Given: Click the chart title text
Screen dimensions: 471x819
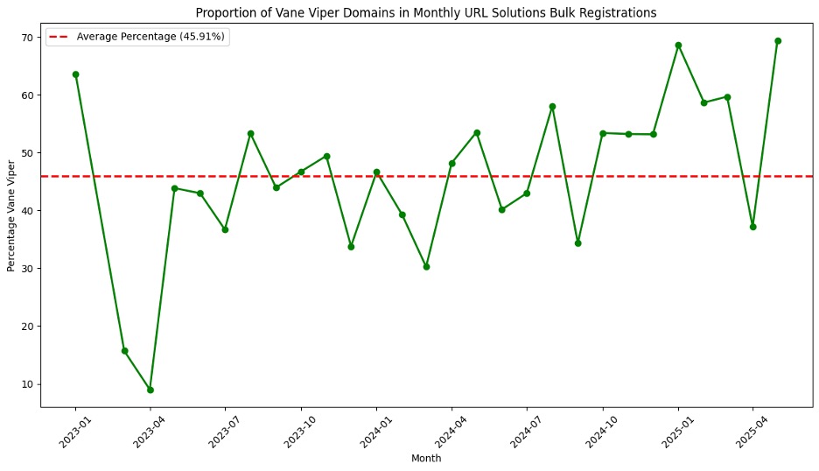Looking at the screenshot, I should (425, 12).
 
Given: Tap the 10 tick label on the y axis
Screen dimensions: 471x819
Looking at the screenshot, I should (28, 384).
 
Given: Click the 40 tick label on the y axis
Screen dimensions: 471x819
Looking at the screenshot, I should (28, 211).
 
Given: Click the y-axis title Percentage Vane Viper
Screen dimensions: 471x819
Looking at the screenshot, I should (12, 215).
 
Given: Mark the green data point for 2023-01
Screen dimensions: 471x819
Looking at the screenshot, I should (75, 74).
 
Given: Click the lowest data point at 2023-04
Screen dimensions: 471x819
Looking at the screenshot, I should (150, 390).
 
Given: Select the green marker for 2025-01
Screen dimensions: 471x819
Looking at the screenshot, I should (678, 46).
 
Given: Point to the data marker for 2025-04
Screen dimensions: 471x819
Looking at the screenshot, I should (752, 227).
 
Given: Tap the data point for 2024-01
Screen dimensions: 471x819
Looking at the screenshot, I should (376, 172).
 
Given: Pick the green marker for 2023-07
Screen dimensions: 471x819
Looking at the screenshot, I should (225, 229).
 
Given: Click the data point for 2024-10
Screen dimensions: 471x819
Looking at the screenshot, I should (603, 133).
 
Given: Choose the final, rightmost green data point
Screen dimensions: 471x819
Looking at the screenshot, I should (778, 41).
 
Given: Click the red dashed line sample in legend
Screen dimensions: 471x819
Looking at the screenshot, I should (59, 37).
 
